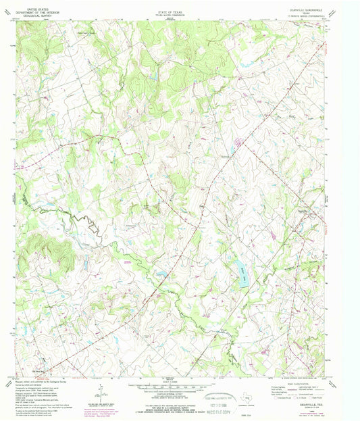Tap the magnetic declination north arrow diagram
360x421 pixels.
click(99, 391)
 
